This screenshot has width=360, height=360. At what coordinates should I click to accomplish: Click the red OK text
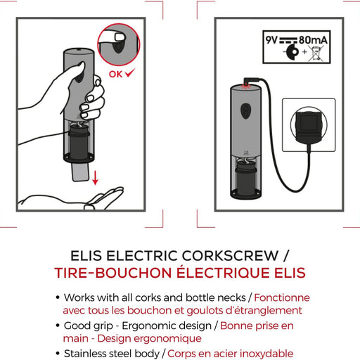(x=115, y=74)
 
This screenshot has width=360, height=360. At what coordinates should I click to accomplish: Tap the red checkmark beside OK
(x=130, y=72)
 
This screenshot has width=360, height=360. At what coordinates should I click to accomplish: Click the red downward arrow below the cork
(x=95, y=178)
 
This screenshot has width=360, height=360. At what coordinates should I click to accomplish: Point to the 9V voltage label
(x=271, y=40)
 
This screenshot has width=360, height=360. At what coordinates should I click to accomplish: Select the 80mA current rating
(x=313, y=40)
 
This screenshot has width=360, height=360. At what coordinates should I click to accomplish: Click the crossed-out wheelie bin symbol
(x=316, y=53)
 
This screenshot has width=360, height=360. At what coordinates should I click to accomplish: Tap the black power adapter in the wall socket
(x=308, y=126)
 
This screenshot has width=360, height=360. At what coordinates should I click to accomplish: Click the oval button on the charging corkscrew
(x=246, y=110)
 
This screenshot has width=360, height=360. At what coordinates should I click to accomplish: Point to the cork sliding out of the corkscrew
(x=80, y=172)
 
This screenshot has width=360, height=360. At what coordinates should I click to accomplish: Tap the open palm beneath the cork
(x=72, y=199)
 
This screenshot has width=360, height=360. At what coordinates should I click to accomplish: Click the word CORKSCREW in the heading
(x=231, y=255)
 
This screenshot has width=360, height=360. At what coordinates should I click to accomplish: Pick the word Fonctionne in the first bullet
(x=282, y=297)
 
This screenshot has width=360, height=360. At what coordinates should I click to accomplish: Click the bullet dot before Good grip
(x=58, y=326)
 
